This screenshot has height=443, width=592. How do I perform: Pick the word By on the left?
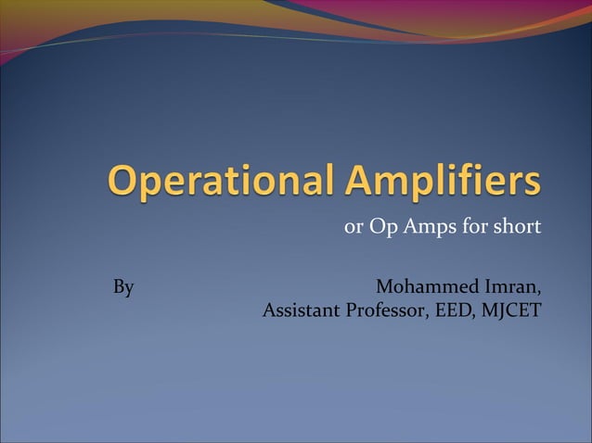(x=123, y=287)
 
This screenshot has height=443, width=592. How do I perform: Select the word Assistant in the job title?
(x=302, y=310)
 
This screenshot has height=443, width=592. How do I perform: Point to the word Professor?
(x=385, y=310)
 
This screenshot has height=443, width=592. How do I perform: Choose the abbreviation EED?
(x=452, y=310)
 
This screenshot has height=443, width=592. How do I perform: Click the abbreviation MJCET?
(x=510, y=310)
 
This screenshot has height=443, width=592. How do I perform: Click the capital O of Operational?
(x=122, y=181)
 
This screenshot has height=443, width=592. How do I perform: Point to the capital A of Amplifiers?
(x=357, y=181)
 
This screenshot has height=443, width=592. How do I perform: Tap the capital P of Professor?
(x=351, y=310)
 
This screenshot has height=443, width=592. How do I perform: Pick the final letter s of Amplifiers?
(x=532, y=184)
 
